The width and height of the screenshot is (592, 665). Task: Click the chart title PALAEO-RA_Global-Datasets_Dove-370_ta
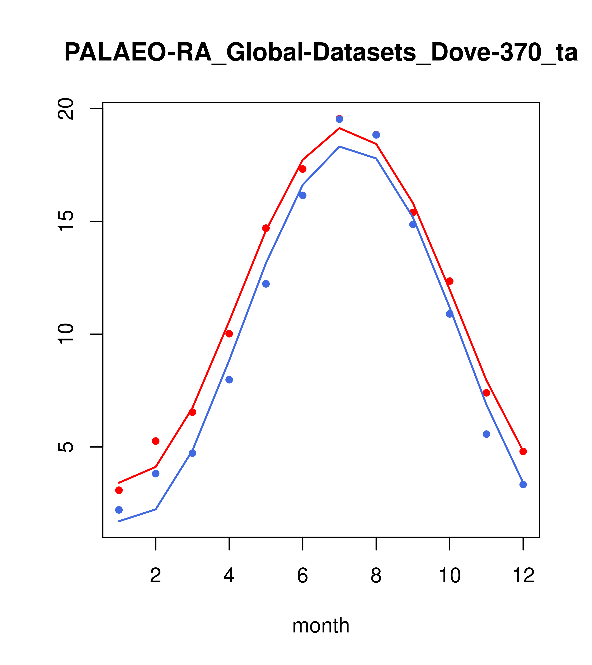pos(321,53)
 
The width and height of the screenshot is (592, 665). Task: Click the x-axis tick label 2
pos(156,576)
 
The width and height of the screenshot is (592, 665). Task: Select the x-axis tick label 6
pos(303,576)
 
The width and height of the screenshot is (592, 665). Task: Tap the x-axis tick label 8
pos(376,576)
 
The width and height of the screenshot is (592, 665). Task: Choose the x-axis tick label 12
pos(523,576)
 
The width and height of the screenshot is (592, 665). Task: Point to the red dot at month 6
pos(303,169)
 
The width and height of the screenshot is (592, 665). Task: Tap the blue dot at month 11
pos(487,434)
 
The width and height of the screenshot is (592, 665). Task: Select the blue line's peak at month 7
pos(339,146)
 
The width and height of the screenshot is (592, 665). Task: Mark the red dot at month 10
pos(450,281)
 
